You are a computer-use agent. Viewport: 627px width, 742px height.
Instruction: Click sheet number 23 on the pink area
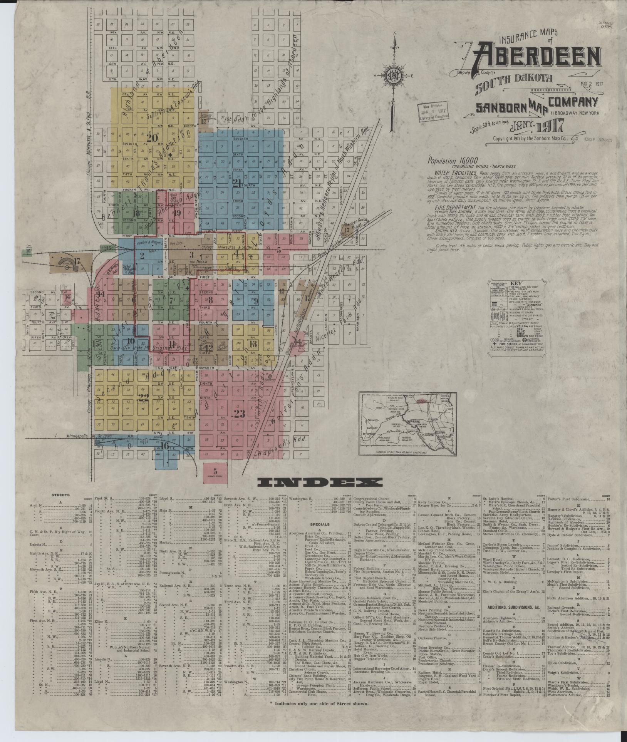239,414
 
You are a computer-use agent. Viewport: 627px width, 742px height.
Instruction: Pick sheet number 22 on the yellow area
144,399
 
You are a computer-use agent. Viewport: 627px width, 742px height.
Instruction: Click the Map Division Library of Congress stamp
432,113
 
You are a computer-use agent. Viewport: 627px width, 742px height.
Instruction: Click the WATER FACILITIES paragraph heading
451,173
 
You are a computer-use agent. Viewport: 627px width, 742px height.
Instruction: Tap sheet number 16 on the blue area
166,446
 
